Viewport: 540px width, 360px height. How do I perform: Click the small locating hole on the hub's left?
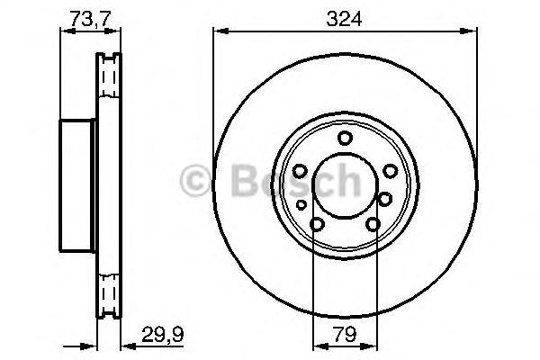301,205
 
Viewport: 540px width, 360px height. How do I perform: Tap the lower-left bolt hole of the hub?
316,227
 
